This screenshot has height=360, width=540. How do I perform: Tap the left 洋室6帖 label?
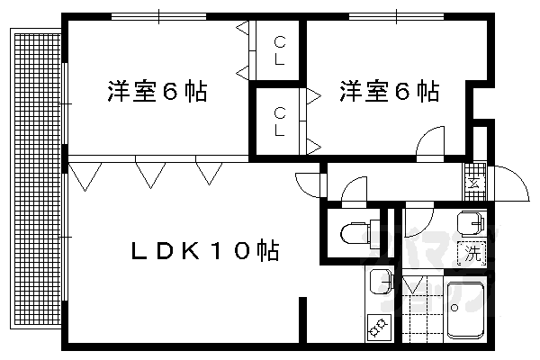157,91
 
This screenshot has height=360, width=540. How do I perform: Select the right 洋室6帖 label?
389,91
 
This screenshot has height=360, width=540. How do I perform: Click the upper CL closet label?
280,51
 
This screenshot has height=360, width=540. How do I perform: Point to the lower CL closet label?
280,121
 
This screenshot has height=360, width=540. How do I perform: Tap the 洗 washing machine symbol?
472,254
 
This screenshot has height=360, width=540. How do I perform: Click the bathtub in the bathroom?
466,308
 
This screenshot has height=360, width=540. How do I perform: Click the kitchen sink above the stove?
379,282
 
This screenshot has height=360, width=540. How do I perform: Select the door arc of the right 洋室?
430,142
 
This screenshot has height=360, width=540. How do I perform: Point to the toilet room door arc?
353,190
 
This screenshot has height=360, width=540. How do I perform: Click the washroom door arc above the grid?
416,218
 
